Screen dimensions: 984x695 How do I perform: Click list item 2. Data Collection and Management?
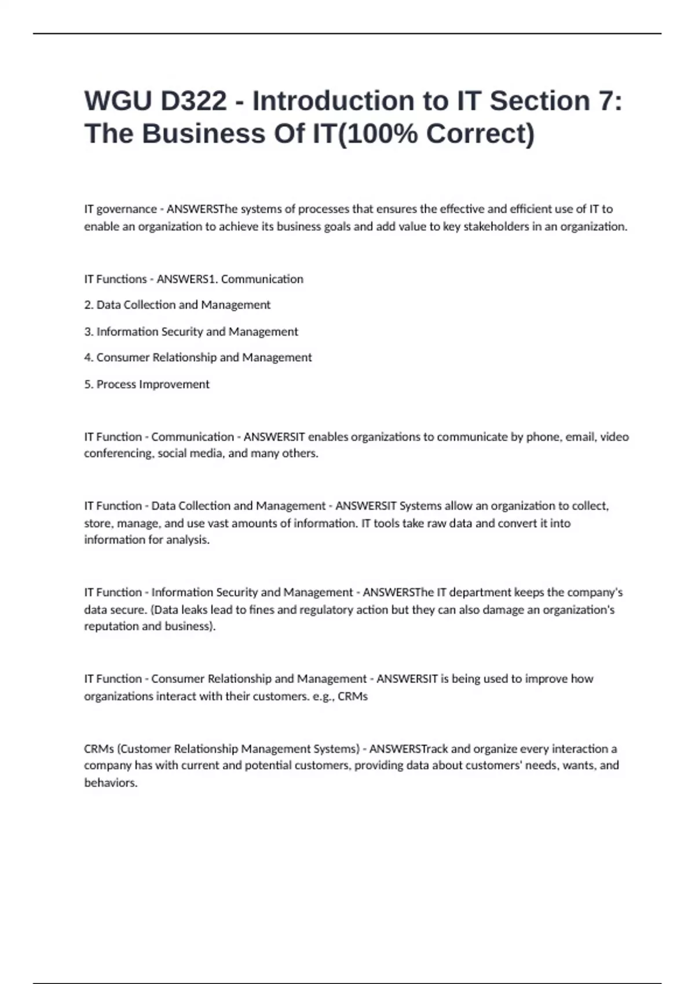177,305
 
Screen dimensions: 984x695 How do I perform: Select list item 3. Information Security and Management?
191,332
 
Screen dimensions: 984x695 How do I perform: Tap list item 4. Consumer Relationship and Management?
198,358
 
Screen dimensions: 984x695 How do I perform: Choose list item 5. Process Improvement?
147,384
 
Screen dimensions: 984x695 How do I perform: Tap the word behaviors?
111,783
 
